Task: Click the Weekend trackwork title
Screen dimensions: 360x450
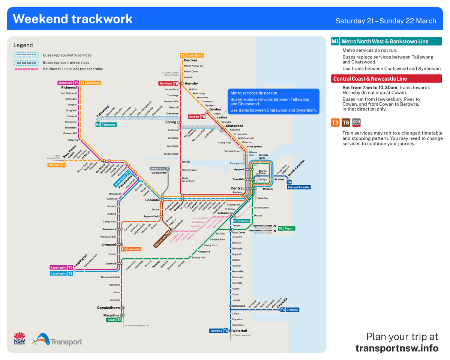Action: click(73, 19)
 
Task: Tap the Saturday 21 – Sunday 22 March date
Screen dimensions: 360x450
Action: click(386, 21)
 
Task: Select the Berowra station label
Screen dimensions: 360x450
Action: click(190, 60)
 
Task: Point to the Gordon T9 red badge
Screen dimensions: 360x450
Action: click(197, 117)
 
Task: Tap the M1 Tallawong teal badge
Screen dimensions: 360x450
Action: click(106, 124)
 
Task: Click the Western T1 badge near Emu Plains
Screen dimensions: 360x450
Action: click(57, 165)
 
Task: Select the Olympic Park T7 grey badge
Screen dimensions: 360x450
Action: click(160, 169)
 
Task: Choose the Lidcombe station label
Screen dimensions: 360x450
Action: click(152, 200)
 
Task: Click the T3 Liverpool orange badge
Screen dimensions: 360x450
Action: click(130, 249)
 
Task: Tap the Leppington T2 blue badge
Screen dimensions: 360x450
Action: click(62, 273)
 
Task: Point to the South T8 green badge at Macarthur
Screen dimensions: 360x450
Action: click(114, 320)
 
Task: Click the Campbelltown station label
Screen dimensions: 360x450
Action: click(108, 307)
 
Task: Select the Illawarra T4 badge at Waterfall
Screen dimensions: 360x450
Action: click(219, 331)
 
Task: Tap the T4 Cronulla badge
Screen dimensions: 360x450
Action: click(289, 310)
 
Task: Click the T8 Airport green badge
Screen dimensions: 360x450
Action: click(286, 228)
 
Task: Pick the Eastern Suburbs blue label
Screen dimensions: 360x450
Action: click(299, 187)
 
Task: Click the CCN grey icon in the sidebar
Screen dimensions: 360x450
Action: click(357, 122)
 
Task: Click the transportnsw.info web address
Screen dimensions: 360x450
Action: click(396, 348)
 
